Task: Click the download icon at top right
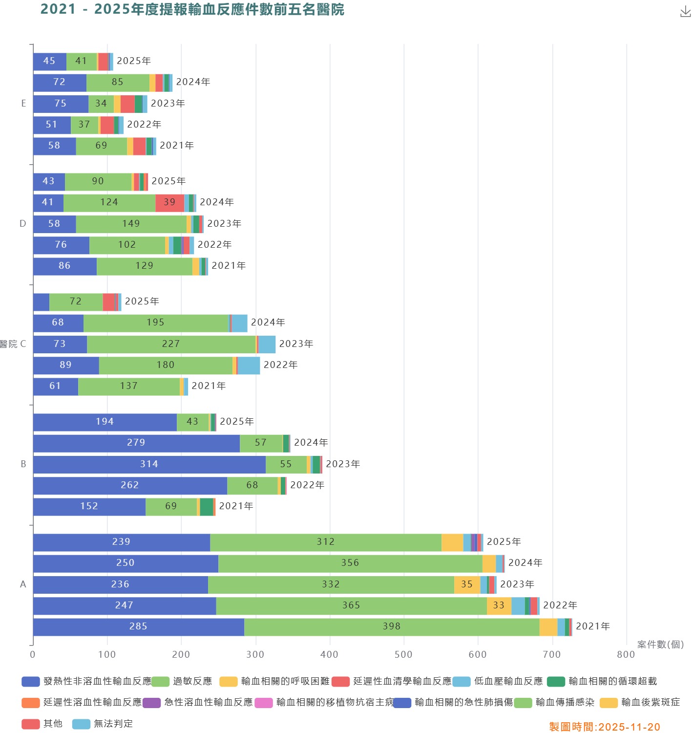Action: pos(685,12)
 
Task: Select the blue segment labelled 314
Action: pos(149,464)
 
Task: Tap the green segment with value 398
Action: pos(391,626)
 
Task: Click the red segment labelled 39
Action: pos(169,202)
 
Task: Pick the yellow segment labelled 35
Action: pos(467,584)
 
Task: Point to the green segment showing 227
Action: pos(171,344)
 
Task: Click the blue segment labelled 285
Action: pos(138,626)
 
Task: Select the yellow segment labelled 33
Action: pos(499,605)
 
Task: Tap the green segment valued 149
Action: pos(131,224)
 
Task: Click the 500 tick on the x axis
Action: pos(403,654)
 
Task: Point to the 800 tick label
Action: pos(626,654)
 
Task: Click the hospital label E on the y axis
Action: pos(23,104)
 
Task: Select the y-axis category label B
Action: pos(23,464)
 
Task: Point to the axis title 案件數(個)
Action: pos(660,645)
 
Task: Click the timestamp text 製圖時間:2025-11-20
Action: pos(604,727)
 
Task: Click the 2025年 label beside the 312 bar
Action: pos(504,542)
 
